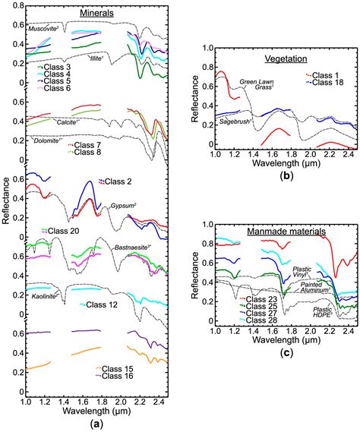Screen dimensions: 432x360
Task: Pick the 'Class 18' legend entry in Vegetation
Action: [331, 82]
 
